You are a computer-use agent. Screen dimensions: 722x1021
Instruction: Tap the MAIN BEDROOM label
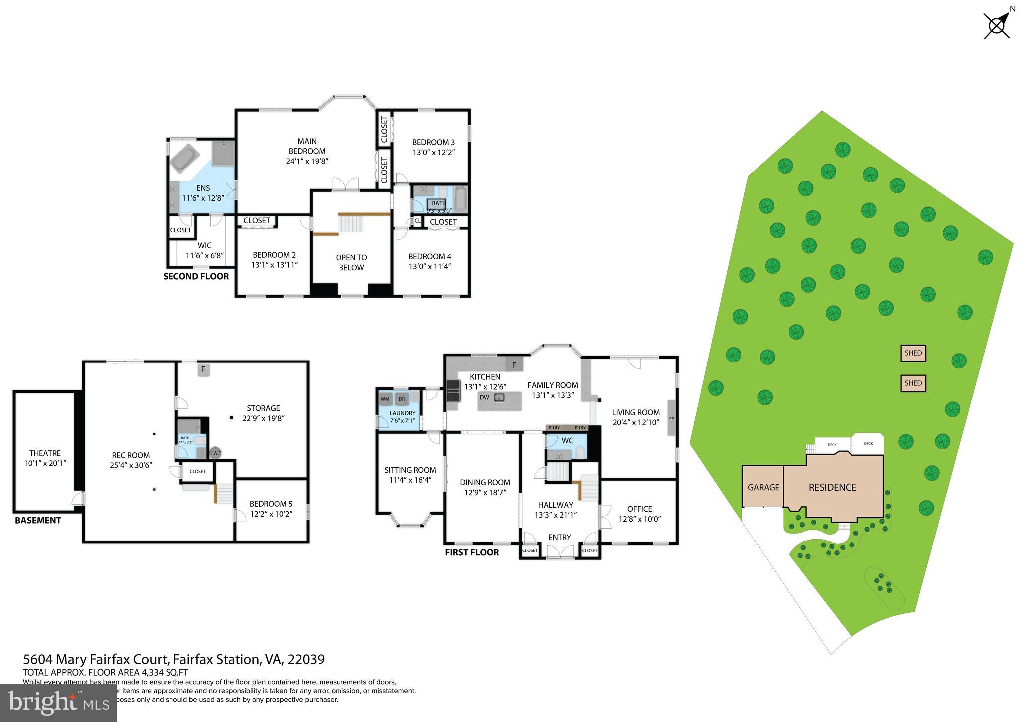pos(307,146)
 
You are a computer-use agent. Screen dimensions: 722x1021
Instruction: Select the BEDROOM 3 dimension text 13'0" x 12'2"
pos(433,152)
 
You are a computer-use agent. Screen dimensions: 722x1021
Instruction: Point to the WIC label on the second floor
pos(204,245)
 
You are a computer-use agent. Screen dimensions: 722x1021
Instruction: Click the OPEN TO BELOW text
pos(351,262)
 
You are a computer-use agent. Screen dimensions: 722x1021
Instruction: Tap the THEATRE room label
pos(45,453)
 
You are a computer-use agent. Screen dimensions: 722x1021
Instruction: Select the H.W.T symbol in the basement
pos(215,453)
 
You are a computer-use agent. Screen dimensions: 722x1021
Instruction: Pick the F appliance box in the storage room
pos(203,370)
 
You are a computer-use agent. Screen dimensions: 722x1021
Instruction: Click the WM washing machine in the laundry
pos(385,399)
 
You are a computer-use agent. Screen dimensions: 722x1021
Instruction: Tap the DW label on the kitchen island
pos(484,397)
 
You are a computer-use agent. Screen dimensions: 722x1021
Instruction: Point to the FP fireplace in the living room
pos(671,419)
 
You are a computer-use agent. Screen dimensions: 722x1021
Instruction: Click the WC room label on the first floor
pos(567,441)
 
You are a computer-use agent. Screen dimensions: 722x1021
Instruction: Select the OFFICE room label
pos(639,509)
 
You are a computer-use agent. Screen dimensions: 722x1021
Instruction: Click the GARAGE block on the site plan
pos(763,487)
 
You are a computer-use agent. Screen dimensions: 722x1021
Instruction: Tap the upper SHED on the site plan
pos(913,353)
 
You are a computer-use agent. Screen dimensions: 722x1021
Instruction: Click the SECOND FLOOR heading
pos(196,276)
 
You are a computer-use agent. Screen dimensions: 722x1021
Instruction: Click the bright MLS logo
pos(58,703)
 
